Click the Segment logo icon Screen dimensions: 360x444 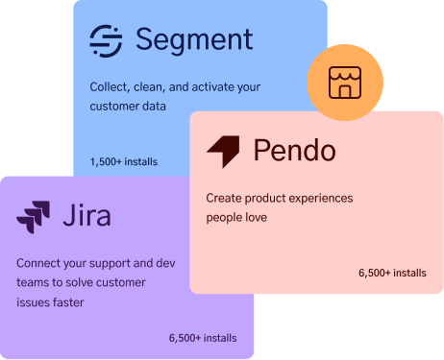coord(106,40)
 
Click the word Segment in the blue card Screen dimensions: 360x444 coord(194,40)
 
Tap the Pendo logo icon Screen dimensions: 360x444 coord(223,151)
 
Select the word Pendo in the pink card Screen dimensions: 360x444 coord(294,151)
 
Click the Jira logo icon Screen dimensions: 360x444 coord(34,215)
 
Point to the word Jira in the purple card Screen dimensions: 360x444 coord(86,214)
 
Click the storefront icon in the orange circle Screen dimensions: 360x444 coord(343,84)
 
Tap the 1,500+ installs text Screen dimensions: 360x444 coord(124,161)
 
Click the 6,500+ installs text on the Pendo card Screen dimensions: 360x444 coord(392,274)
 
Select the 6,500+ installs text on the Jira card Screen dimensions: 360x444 coord(202,338)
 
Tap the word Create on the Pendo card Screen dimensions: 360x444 coord(226,199)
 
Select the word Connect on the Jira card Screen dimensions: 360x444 coord(41,263)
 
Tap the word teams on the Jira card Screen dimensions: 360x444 coord(33,283)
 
